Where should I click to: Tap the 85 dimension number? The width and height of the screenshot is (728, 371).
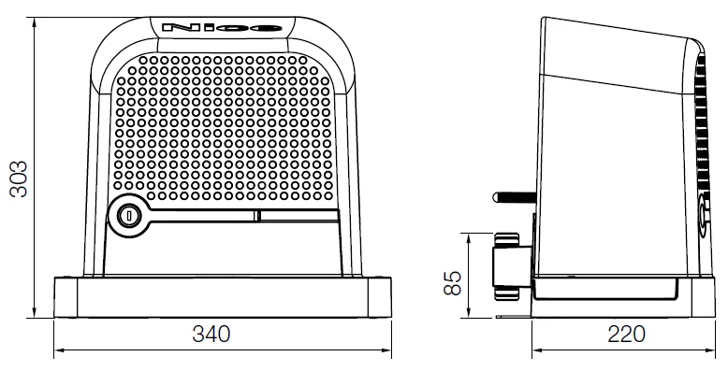(452, 280)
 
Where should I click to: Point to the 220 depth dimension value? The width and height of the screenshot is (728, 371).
(622, 334)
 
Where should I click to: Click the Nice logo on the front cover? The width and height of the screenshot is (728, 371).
(222, 28)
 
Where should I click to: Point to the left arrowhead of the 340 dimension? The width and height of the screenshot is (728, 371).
(58, 352)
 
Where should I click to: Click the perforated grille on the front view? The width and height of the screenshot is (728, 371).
(222, 131)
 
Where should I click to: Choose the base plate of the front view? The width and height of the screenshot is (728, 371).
(222, 297)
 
